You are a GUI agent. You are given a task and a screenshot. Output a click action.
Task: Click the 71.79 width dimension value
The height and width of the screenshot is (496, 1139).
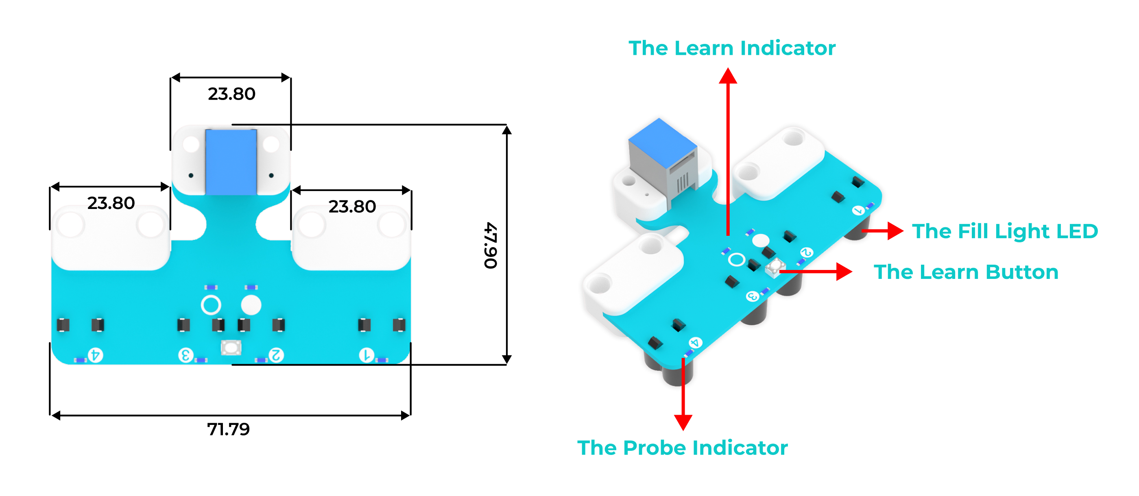click(228, 429)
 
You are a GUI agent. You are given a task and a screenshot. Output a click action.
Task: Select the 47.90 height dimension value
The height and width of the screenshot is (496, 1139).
click(491, 245)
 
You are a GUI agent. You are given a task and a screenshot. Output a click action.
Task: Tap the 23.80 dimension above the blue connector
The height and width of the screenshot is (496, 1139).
click(231, 94)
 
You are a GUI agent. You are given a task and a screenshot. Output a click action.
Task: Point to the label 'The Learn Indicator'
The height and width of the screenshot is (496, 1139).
click(732, 48)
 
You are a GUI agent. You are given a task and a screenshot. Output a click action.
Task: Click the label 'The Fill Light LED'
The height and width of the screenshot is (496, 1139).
click(1005, 231)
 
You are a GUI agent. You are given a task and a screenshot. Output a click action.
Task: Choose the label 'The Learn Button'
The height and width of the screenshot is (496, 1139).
click(966, 272)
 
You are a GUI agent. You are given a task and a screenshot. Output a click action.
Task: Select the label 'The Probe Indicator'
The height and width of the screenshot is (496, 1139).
click(682, 447)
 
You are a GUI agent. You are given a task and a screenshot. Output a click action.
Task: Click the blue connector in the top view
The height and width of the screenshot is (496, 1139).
click(231, 161)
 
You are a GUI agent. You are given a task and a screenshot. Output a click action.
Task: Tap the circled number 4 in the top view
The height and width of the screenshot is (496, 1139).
click(96, 355)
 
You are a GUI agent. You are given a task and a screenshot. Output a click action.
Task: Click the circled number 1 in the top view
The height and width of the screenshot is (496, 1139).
click(366, 355)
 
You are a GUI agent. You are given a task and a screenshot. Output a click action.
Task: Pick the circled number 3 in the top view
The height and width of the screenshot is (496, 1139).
click(186, 355)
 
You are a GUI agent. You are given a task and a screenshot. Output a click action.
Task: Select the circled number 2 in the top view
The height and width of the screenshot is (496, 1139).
click(276, 355)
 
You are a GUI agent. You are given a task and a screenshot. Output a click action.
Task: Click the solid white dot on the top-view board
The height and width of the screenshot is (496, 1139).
click(251, 305)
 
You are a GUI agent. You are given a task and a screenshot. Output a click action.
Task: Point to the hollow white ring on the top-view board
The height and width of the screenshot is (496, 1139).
click(211, 305)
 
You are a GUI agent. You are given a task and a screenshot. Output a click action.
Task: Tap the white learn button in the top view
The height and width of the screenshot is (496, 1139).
click(231, 348)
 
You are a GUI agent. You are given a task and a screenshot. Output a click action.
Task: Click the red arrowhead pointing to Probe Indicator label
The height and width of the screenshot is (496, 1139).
click(683, 422)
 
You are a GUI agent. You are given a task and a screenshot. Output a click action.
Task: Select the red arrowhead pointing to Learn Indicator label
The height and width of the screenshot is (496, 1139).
click(728, 76)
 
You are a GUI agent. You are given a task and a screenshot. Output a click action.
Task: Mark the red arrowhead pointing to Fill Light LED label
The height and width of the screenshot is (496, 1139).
click(895, 231)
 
